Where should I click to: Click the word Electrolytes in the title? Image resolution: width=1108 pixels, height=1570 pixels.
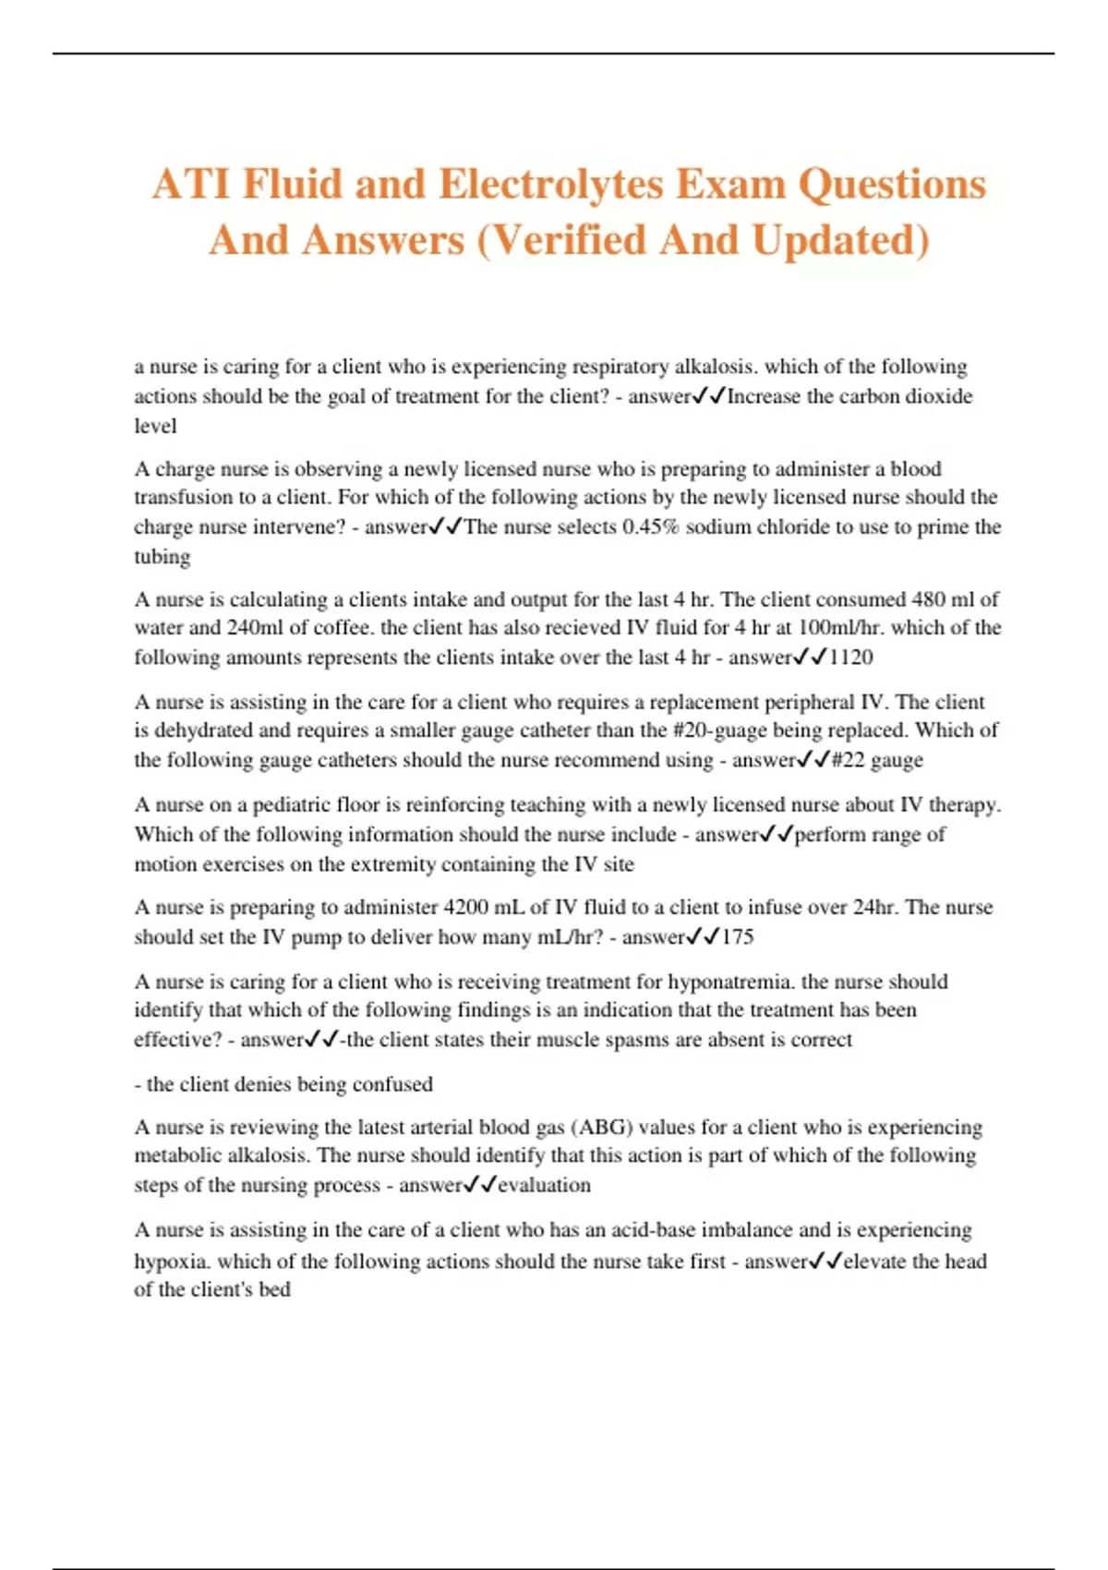(x=550, y=184)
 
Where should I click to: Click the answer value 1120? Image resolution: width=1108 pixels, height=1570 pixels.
(x=850, y=658)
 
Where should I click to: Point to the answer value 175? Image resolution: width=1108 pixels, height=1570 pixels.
(x=738, y=937)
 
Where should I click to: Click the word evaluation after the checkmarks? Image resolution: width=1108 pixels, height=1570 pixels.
(x=545, y=1185)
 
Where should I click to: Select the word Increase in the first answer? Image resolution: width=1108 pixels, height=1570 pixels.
(x=765, y=396)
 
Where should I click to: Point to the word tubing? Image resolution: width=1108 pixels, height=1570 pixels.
(x=163, y=557)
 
